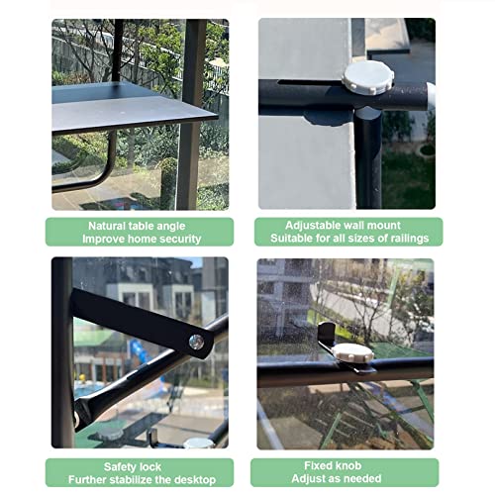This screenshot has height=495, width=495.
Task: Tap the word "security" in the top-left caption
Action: (x=179, y=239)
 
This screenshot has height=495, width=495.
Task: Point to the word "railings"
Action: (x=410, y=239)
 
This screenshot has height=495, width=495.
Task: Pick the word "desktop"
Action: (x=195, y=479)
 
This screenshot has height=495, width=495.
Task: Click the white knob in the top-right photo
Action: (x=367, y=78)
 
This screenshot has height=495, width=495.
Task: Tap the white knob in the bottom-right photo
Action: (x=352, y=352)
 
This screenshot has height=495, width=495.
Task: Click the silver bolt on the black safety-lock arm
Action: (x=196, y=342)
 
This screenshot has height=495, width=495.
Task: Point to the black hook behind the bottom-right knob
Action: (x=327, y=334)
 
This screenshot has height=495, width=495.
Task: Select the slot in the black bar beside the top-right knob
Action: (x=310, y=82)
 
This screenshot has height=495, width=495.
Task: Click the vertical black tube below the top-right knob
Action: (x=368, y=158)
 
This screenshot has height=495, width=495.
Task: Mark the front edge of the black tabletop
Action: (x=136, y=125)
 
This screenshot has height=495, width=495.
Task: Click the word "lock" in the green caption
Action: (x=150, y=467)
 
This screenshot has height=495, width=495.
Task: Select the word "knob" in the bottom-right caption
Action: (x=349, y=465)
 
